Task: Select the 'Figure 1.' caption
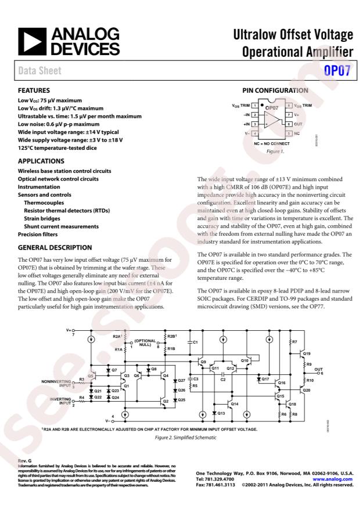(275, 151)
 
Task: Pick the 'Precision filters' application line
(38, 234)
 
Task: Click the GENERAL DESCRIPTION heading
(55, 247)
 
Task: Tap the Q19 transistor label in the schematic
(307, 353)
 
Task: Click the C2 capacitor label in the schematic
(223, 379)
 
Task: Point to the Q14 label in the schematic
(235, 403)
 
